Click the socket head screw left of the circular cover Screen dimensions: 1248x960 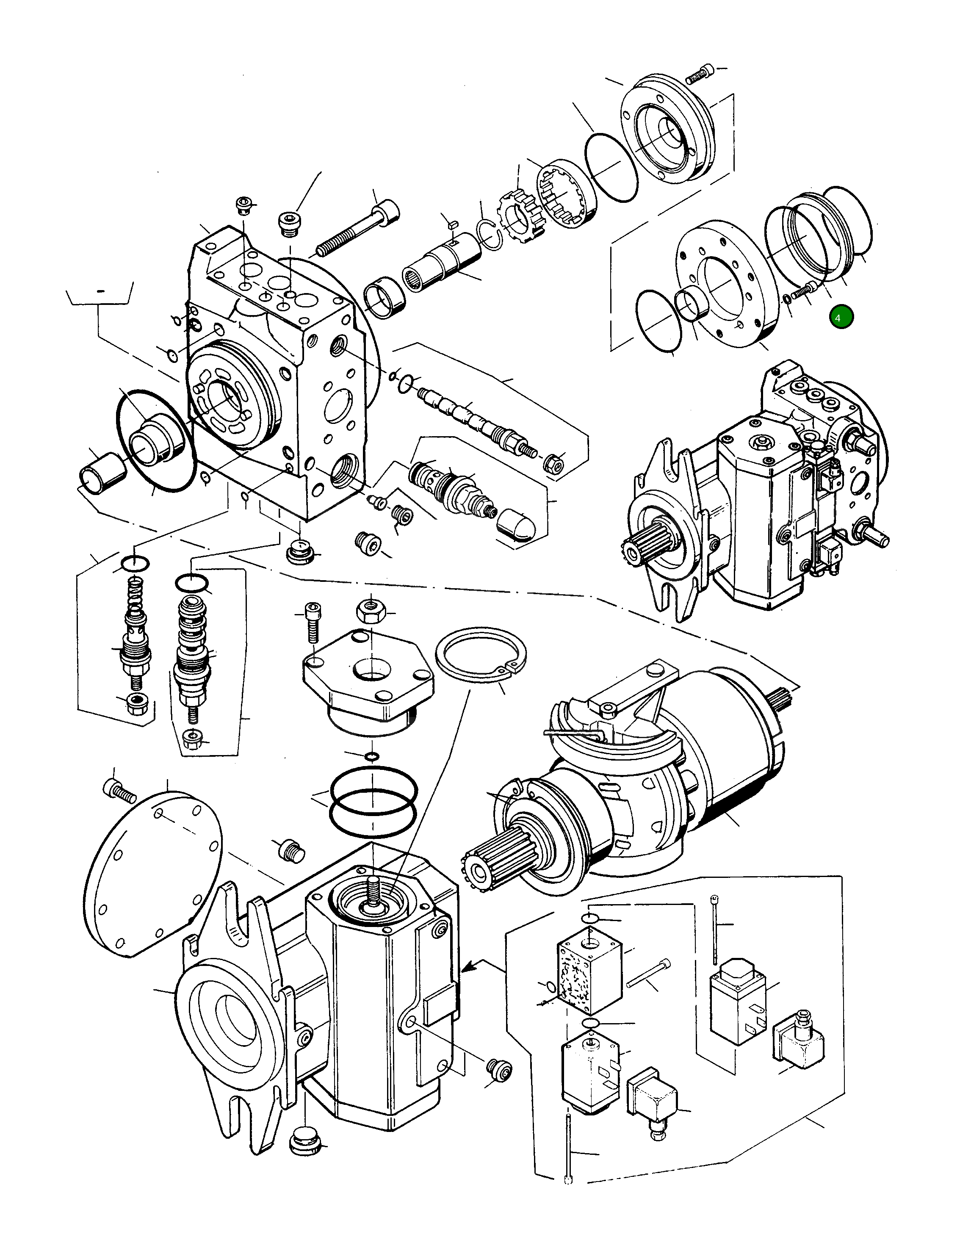point(118,790)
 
